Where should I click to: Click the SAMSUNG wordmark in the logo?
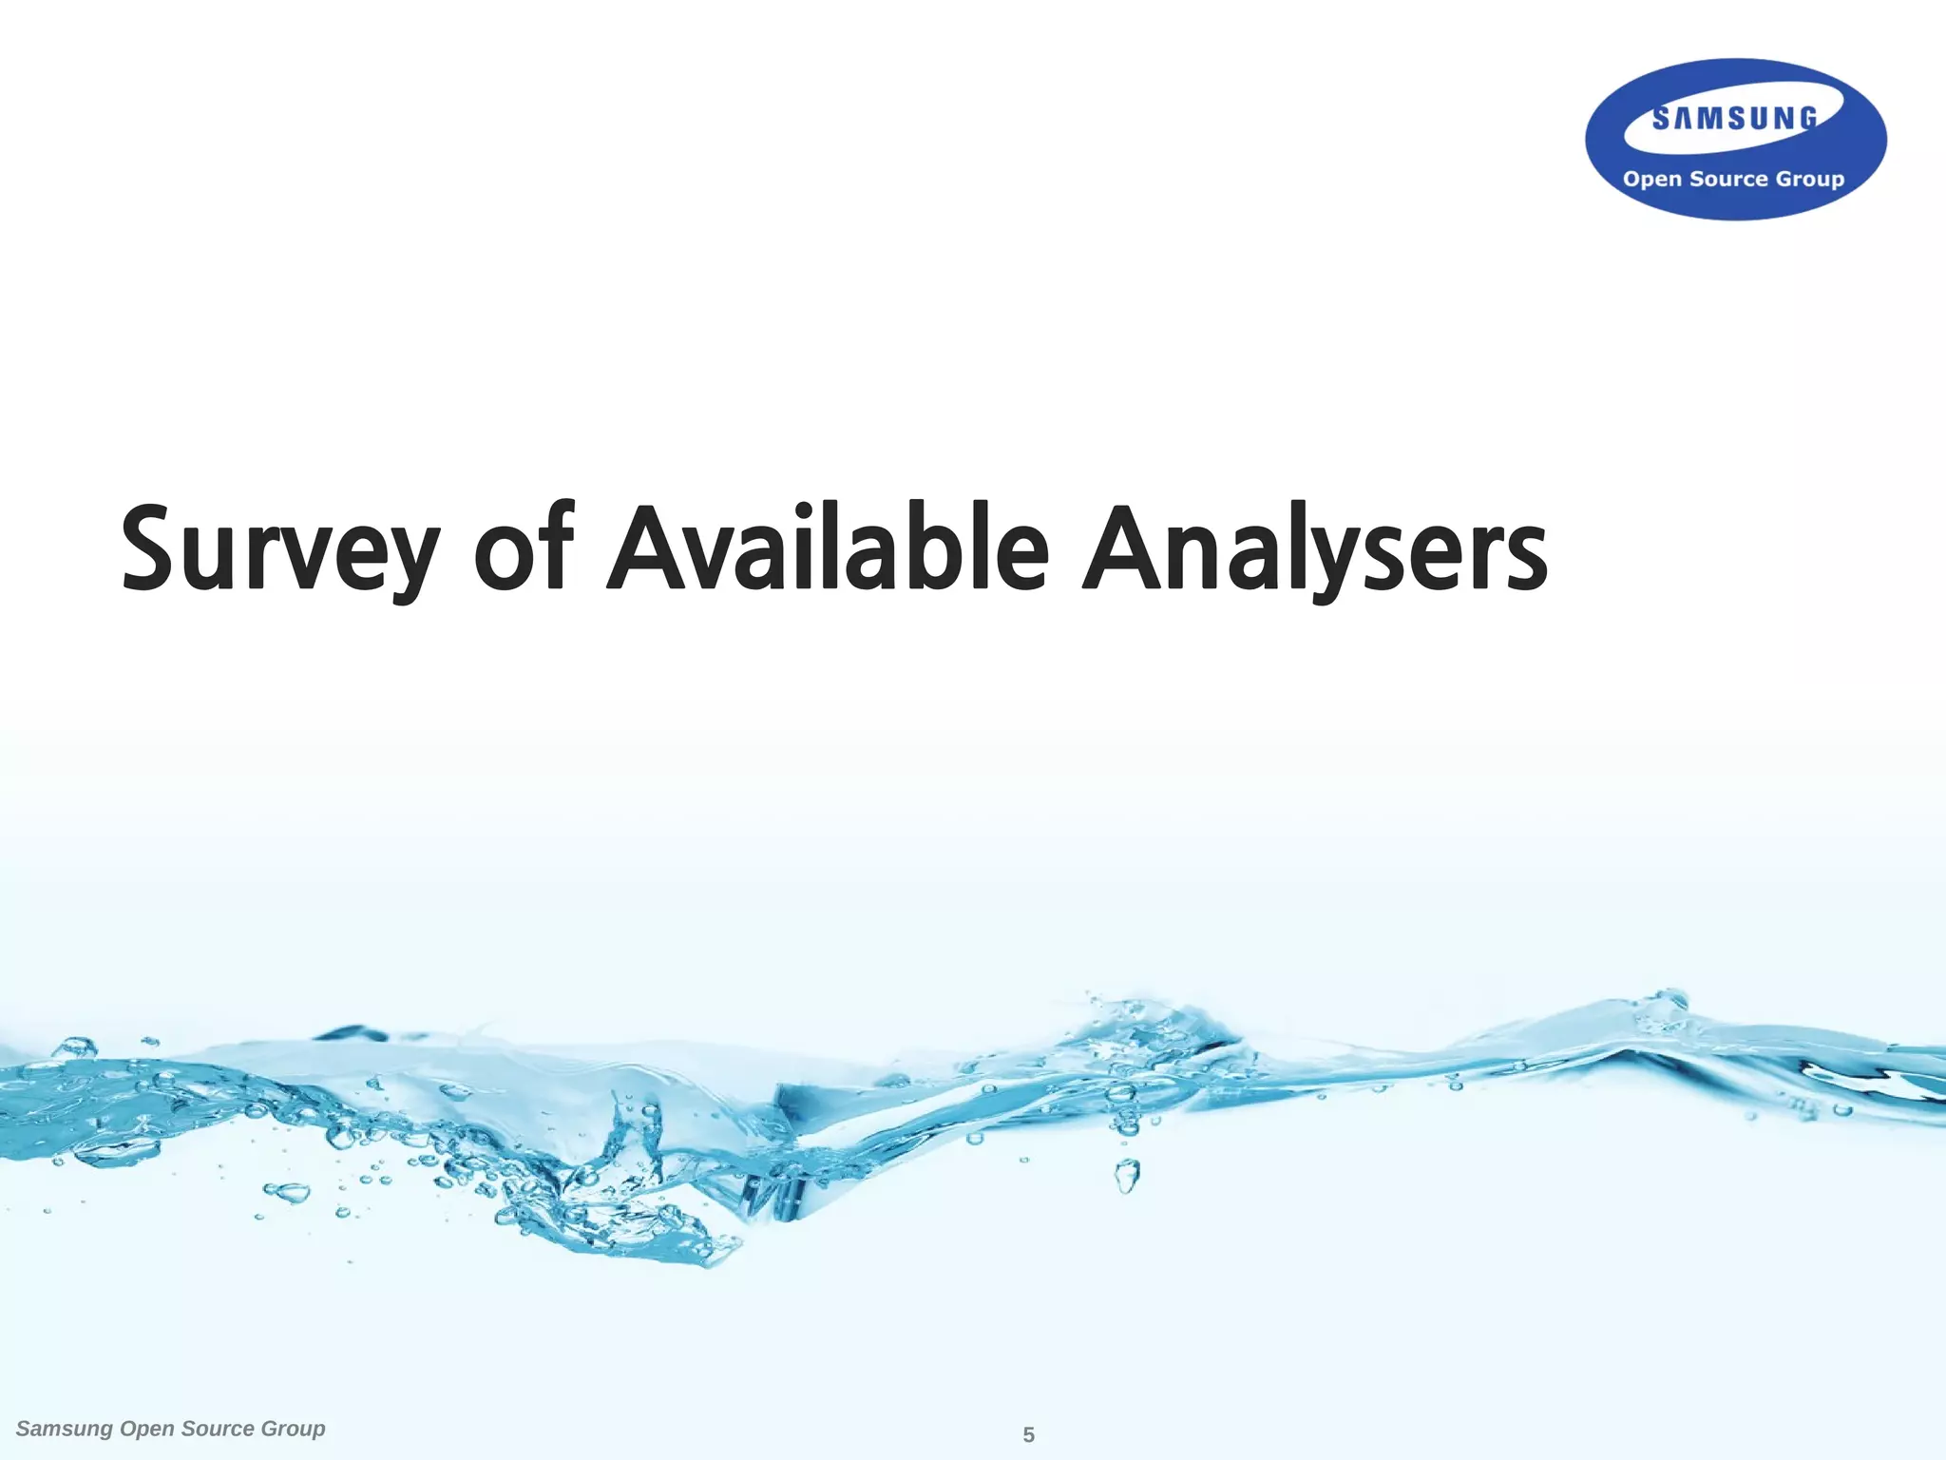pos(1734,119)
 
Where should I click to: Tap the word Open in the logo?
pos(1652,179)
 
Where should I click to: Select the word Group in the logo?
pos(1810,180)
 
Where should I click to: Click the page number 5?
pos(1028,1435)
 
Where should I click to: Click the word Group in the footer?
pos(293,1430)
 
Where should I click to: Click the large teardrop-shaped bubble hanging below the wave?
pos(1127,1177)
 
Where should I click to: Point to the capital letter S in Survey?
pos(153,547)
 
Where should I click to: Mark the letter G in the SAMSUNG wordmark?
pos(1807,118)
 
